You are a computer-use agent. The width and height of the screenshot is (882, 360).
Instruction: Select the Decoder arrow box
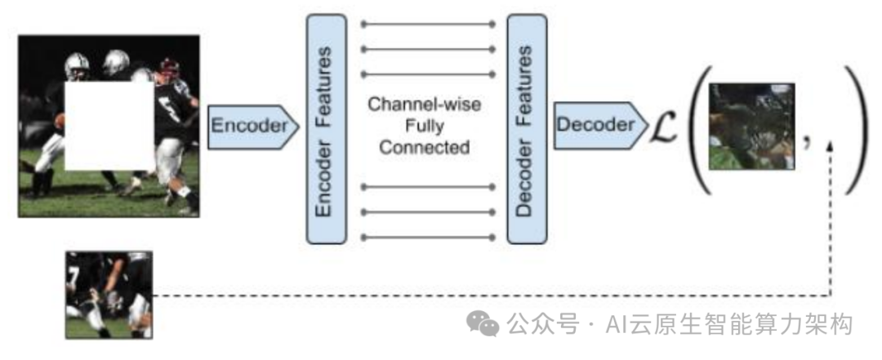coord(596,125)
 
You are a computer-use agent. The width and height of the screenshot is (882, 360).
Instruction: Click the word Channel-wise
coord(425,105)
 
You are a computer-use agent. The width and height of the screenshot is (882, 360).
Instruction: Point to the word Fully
coord(425,127)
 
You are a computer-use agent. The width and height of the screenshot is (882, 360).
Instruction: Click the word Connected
coord(425,148)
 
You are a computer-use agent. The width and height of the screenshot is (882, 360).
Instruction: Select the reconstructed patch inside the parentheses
coord(751,126)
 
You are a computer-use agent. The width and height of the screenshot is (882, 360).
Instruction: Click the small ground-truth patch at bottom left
coord(109,295)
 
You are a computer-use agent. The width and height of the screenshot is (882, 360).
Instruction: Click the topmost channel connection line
coord(428,24)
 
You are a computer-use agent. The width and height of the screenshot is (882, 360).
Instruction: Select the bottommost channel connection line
coord(428,238)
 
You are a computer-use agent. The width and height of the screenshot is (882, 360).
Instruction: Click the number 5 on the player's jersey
coord(170,105)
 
